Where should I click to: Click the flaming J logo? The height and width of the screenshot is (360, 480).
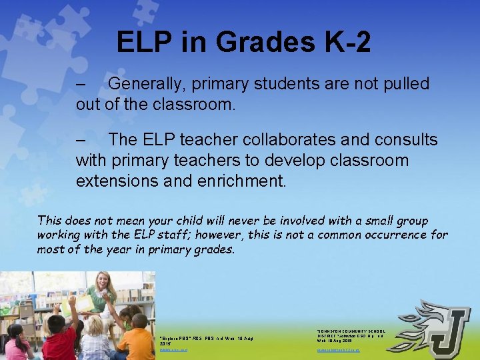pyautogui.click(x=437, y=330)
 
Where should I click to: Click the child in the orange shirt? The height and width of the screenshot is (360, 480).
pyautogui.click(x=138, y=340)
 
